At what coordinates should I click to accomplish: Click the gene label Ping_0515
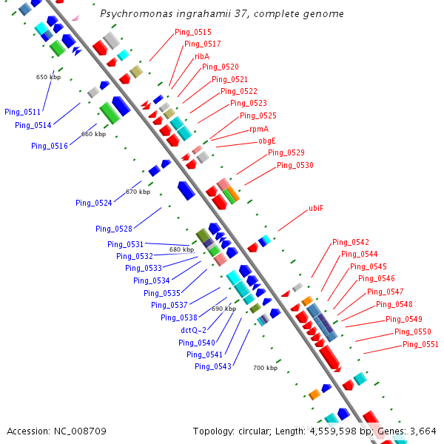click(193, 32)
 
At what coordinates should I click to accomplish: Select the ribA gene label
click(202, 56)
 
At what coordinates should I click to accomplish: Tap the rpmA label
click(258, 129)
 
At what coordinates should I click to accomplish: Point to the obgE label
click(267, 141)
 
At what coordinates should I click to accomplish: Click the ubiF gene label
click(316, 209)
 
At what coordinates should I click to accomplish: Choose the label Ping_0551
click(420, 345)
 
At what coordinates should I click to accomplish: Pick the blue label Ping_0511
click(23, 112)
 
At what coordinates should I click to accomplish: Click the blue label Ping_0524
click(94, 203)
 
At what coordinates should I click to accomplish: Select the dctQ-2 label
click(194, 330)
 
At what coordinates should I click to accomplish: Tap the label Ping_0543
click(213, 366)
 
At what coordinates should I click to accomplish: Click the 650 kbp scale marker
click(48, 77)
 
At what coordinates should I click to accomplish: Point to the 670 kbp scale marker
click(138, 192)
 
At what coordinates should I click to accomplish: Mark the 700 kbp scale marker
click(265, 368)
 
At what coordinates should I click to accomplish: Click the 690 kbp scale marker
click(223, 309)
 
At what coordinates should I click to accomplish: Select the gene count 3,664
click(422, 431)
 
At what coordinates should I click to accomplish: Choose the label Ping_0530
click(295, 165)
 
